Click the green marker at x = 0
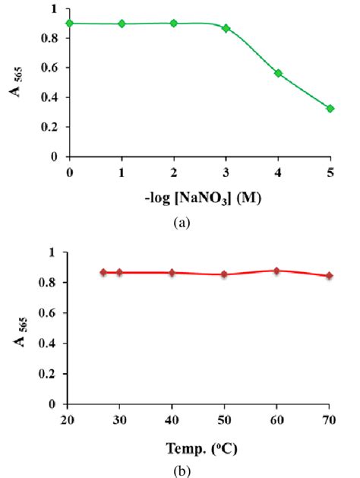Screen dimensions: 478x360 point(70,23)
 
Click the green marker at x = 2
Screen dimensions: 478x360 point(174,23)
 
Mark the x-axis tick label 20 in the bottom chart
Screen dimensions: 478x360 point(68,419)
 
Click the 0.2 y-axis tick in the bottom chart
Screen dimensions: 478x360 point(50,374)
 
